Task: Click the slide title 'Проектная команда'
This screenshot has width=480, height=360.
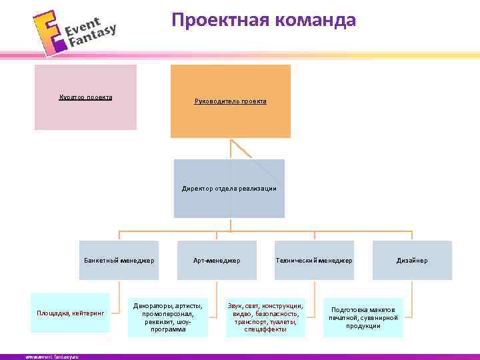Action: tap(263, 20)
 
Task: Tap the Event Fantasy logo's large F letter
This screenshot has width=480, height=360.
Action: tap(47, 33)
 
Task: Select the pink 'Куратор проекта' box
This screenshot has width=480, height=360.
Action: tap(85, 97)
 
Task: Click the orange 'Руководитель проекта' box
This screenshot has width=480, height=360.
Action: tap(231, 101)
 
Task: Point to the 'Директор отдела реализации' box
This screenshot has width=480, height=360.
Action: tap(229, 189)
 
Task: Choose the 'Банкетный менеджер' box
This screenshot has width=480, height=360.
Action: tap(119, 260)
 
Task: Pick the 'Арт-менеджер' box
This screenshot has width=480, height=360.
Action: tap(217, 260)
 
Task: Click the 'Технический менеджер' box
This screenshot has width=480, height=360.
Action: tap(314, 260)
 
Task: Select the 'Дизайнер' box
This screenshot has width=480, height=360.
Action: tap(412, 260)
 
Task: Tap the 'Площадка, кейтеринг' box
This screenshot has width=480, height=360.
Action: tap(71, 312)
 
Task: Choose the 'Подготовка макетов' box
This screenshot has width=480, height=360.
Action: tap(363, 317)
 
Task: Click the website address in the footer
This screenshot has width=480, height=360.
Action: tap(52, 357)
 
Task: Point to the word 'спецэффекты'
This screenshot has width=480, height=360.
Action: tap(265, 329)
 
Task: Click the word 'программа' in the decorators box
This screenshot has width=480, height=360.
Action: tap(168, 329)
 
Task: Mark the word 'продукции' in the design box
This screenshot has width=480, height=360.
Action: tap(363, 326)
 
